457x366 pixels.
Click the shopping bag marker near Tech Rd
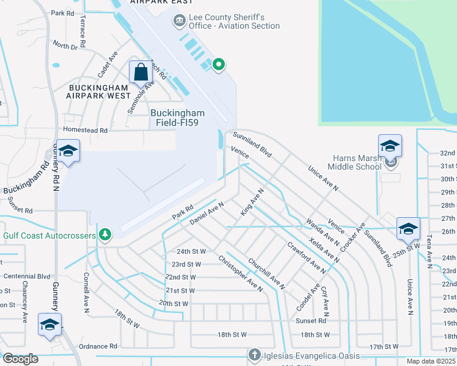[x=141, y=71]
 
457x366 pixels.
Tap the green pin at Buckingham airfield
[x=218, y=63]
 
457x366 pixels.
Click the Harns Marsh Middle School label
[x=355, y=162]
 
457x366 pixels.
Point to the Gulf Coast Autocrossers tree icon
[x=105, y=234]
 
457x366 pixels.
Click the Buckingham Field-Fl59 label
[x=178, y=117]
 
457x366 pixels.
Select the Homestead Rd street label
[x=86, y=131]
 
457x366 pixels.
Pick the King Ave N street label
[x=252, y=202]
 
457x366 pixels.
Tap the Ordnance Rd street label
[x=98, y=346]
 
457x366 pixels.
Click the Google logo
[x=20, y=359]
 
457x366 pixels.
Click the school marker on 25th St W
[x=408, y=228]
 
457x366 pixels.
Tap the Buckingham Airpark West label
[x=98, y=91]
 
